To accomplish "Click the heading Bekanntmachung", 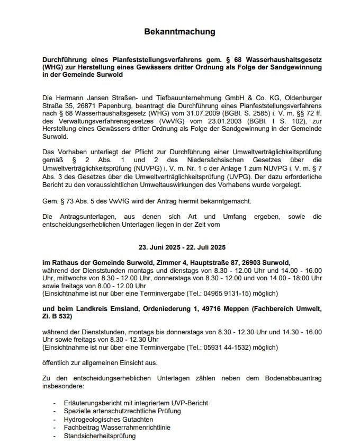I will tap(179, 32).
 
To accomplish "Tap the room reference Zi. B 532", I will tap(56, 316).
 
